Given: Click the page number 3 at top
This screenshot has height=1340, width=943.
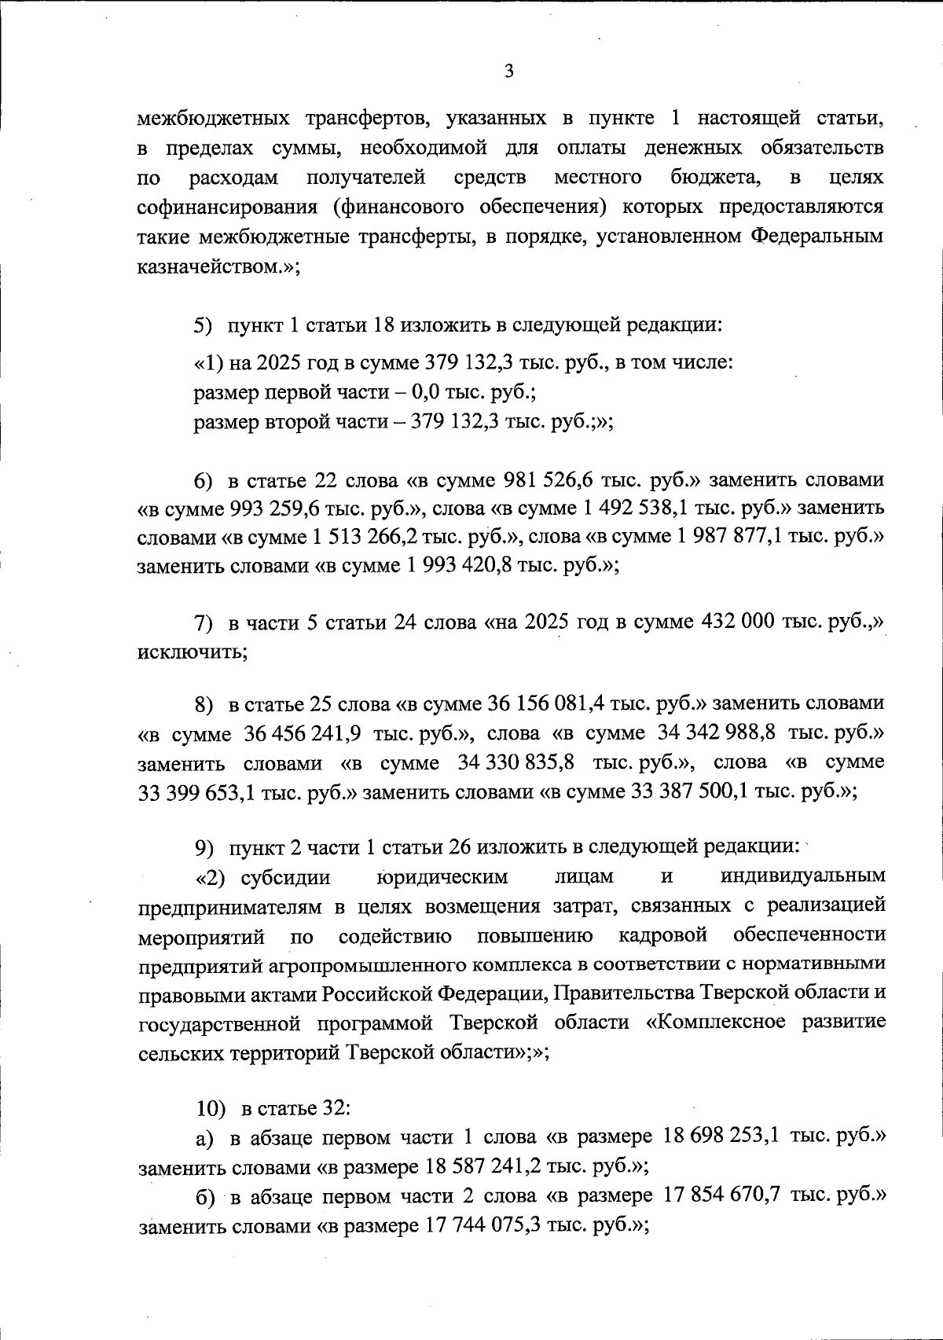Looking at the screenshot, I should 508,72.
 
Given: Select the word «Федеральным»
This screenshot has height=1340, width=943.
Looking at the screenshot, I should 816,236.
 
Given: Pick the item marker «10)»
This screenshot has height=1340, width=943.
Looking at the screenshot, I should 211,1109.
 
